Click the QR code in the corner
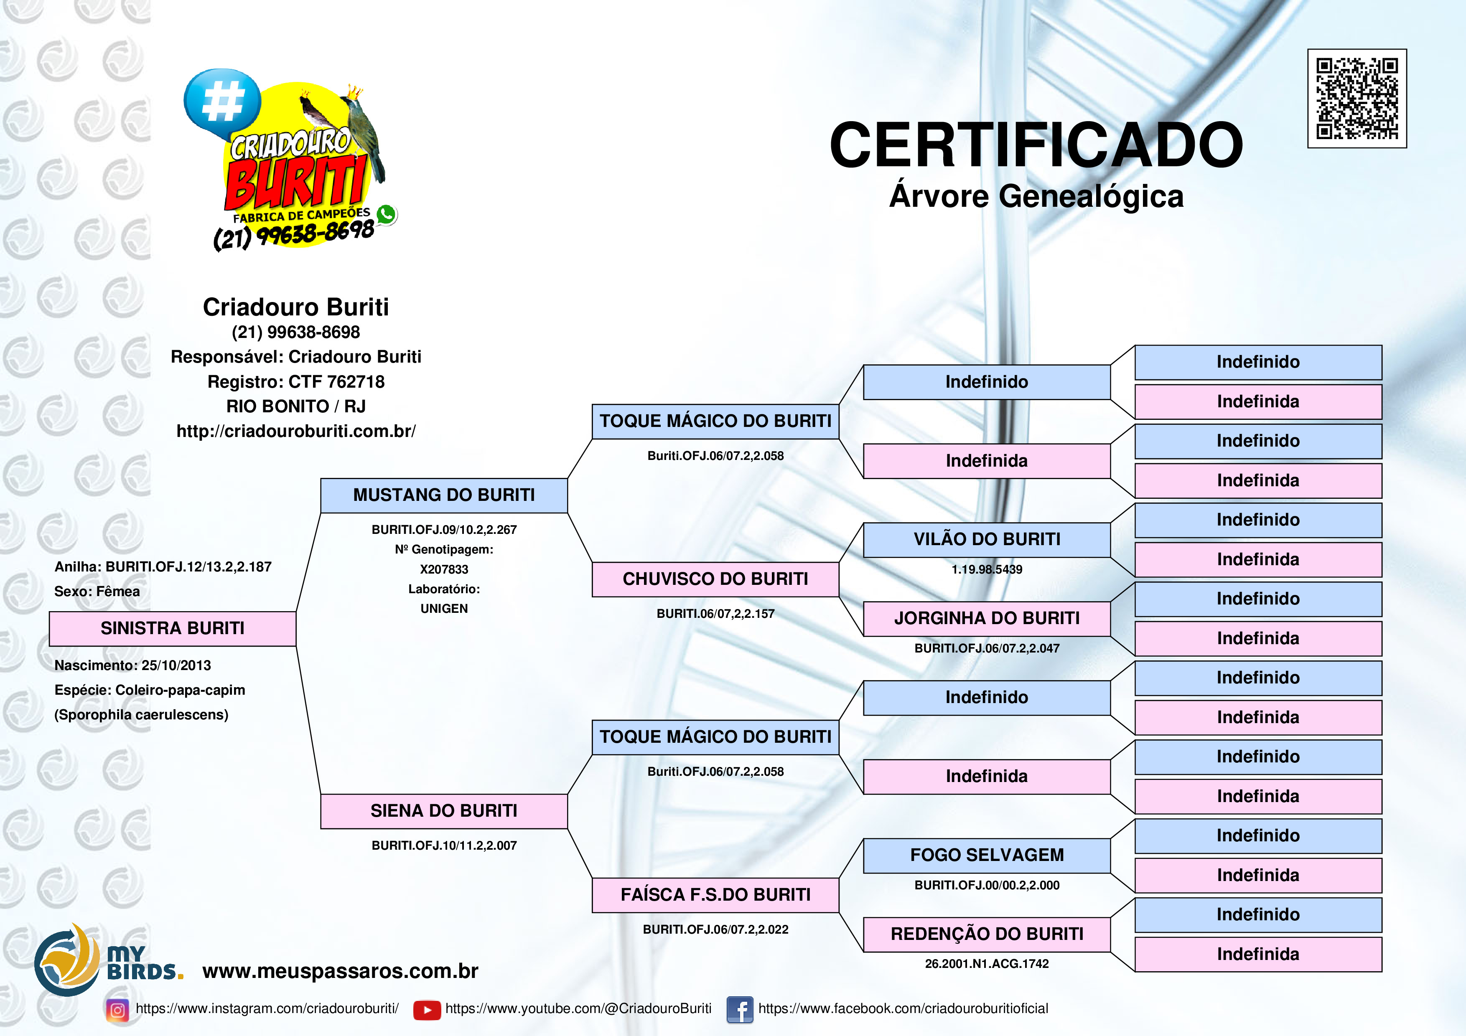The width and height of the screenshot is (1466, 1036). (1357, 98)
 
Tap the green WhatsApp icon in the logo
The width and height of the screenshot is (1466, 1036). (386, 214)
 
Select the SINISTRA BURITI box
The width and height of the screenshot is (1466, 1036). (173, 629)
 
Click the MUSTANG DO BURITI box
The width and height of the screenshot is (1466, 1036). (444, 495)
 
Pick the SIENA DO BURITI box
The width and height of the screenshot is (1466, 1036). (444, 811)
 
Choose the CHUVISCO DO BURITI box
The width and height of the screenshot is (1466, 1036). (715, 579)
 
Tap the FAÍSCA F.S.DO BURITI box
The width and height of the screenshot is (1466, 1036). (715, 895)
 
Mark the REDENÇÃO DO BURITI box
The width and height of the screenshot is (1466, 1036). (987, 934)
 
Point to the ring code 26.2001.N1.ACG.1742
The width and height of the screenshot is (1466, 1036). (987, 964)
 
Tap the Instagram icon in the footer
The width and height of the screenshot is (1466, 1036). (117, 1010)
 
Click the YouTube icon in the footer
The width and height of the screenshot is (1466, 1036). (427, 1010)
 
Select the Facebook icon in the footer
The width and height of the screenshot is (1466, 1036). (739, 1010)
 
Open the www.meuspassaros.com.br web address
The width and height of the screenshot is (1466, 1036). (340, 971)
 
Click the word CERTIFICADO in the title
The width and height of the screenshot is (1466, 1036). (1036, 145)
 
